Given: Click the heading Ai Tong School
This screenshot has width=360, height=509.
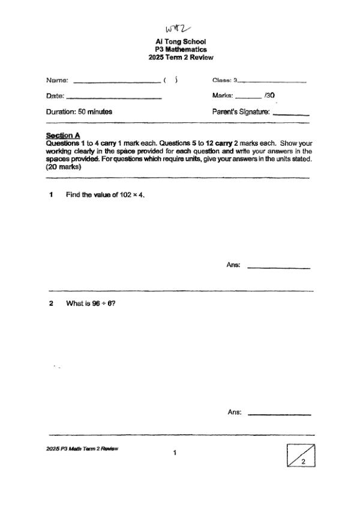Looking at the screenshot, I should point(181,41).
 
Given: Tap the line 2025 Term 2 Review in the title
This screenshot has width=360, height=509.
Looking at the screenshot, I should point(181,58).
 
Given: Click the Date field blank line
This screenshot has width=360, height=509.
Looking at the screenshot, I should point(113,97).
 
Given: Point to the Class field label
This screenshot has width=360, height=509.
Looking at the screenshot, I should point(222,80).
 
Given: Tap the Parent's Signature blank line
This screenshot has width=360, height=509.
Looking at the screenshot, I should point(291,114).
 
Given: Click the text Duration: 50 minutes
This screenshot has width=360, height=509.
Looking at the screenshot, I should point(79,112).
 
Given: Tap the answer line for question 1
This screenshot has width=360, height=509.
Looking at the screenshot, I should point(278,267).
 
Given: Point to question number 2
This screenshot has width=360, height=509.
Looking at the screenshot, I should point(52,303).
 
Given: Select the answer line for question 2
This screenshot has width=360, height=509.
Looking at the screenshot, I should point(279,414).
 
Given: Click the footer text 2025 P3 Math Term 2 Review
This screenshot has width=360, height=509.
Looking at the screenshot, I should point(82,448).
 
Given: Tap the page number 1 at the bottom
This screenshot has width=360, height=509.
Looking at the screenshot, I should point(175,453).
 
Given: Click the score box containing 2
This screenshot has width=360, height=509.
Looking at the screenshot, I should point(301,455).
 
